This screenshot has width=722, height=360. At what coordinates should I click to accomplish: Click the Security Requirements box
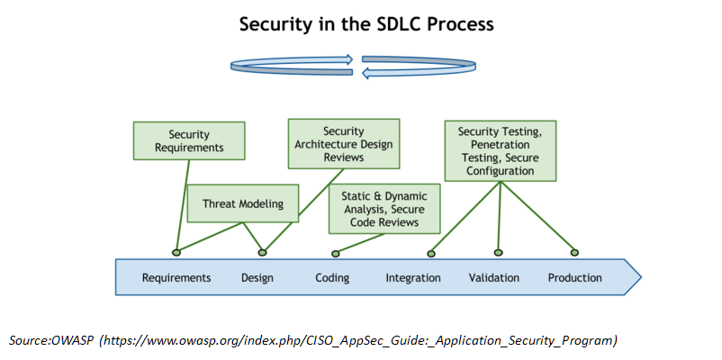point(189,141)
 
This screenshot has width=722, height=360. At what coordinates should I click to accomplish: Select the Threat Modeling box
point(243,203)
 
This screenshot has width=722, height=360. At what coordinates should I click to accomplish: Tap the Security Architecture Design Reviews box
point(344,144)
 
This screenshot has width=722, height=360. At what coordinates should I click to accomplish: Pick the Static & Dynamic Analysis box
point(384,209)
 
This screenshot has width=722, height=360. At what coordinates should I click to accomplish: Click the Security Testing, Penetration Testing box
point(500,151)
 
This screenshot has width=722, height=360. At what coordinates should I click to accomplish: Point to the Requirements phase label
point(176,278)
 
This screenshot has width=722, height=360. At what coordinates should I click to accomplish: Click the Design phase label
point(257,278)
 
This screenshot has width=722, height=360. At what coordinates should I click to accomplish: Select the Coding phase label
point(332,278)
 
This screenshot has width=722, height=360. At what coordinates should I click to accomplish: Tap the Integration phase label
point(413,278)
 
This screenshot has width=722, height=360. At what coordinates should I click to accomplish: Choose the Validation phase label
point(494,278)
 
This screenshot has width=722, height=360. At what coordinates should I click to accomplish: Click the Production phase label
point(574,278)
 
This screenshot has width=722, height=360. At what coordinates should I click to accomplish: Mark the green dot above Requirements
point(176,252)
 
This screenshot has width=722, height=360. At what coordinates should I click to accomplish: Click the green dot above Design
point(262,252)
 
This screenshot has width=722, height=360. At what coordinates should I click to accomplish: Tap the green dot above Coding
point(336,254)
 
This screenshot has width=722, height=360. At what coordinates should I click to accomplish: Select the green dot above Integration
point(431,253)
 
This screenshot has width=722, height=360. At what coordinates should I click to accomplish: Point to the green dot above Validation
point(498,252)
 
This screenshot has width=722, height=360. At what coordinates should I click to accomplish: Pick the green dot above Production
point(574,252)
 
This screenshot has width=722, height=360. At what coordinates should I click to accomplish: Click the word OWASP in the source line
point(72,341)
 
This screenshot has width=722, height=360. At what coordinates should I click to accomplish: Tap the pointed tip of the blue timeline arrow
point(641,277)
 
